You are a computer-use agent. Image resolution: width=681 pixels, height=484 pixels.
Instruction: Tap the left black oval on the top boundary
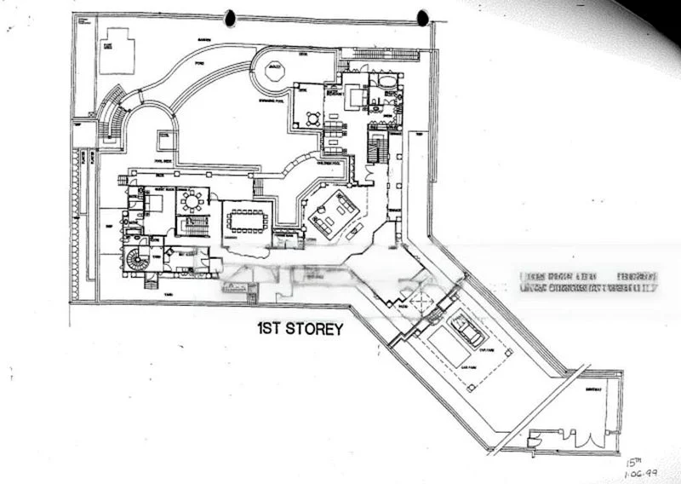click(231, 17)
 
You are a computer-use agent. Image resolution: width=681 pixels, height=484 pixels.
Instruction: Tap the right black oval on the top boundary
click(422, 18)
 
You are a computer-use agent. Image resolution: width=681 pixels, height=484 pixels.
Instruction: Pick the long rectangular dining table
click(247, 219)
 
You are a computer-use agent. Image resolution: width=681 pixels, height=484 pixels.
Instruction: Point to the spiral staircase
click(136, 257)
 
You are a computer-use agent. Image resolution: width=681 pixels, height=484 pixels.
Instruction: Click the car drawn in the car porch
click(467, 328)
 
